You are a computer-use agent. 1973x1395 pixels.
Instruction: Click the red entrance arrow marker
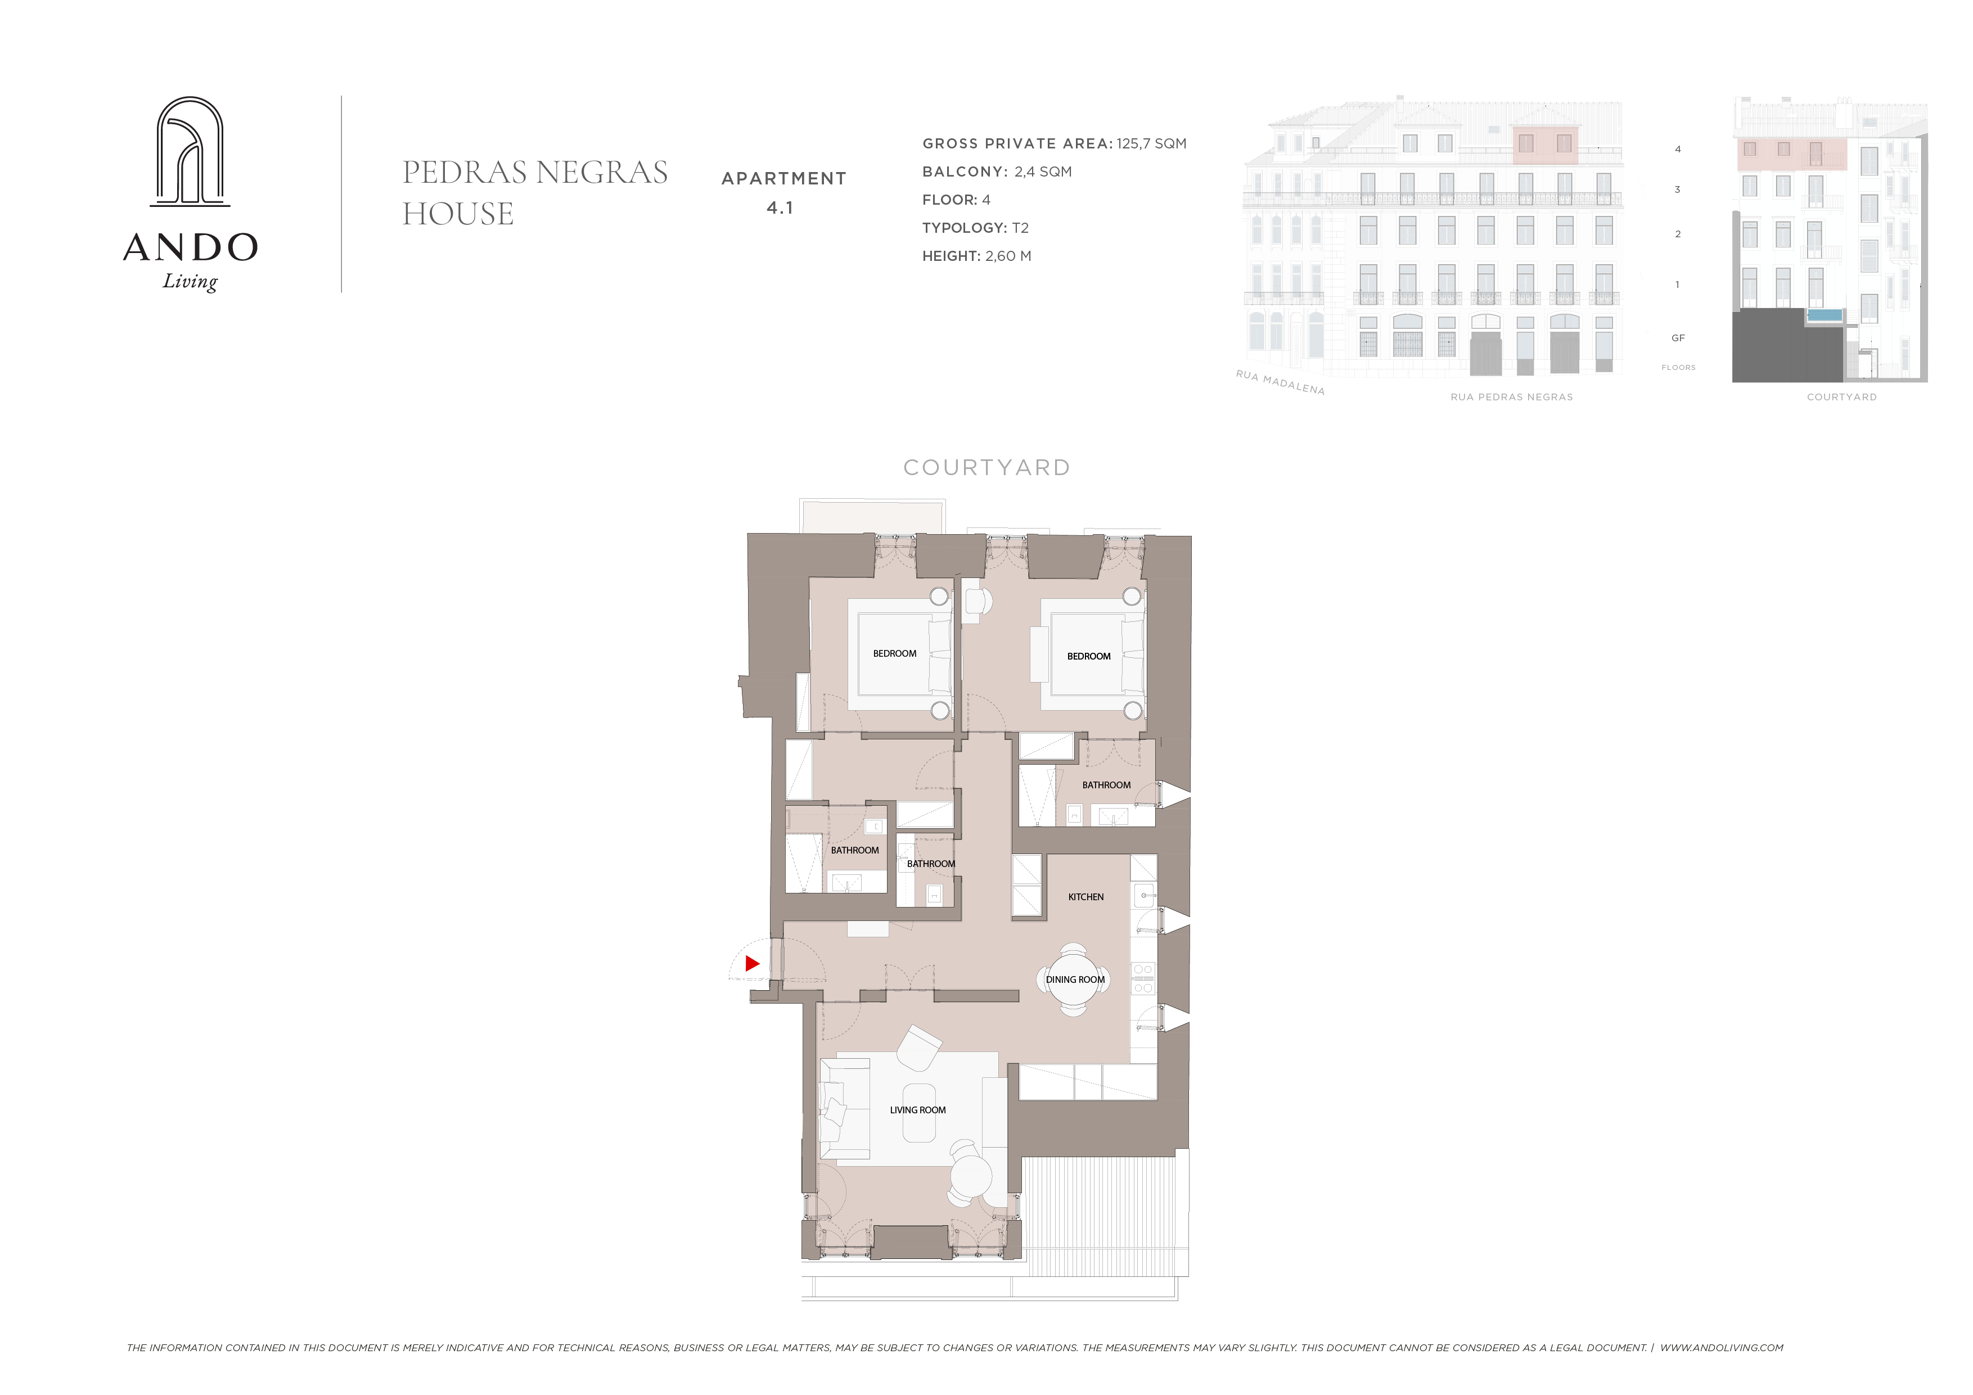[752, 964]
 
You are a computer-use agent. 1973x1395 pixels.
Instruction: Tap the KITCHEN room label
[1086, 897]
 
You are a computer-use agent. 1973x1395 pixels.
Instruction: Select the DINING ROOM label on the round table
[1075, 979]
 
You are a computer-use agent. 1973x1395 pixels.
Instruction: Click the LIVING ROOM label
[918, 1110]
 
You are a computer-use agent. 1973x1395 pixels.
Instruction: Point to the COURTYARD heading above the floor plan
[986, 467]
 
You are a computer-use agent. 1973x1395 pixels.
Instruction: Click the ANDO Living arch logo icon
[190, 151]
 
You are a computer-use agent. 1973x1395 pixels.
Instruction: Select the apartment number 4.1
[780, 208]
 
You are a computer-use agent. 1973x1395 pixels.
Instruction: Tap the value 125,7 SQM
[1151, 143]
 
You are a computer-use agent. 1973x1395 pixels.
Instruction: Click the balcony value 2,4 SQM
[1043, 172]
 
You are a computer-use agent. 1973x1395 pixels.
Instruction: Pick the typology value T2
[1020, 228]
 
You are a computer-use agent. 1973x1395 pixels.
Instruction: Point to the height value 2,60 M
[1008, 256]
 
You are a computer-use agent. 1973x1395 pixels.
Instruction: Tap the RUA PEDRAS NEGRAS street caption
[1512, 397]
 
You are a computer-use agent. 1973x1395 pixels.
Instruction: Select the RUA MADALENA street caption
[1281, 382]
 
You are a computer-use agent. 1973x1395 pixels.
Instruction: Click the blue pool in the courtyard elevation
[1825, 315]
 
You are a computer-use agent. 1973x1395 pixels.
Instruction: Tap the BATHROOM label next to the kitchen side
[1106, 785]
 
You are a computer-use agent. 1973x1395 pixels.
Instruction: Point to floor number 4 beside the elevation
[1677, 150]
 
